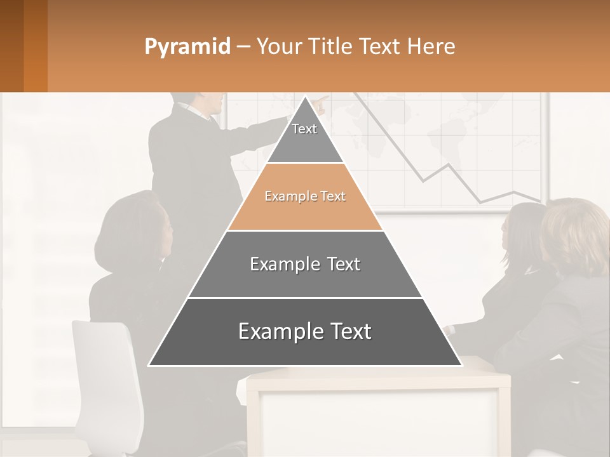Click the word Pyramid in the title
[187, 47]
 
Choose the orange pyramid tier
[305, 197]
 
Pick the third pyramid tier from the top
[305, 264]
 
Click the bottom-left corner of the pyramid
[150, 365]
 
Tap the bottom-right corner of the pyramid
[461, 365]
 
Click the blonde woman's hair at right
[575, 235]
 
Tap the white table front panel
[378, 419]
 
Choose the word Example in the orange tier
[284, 197]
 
